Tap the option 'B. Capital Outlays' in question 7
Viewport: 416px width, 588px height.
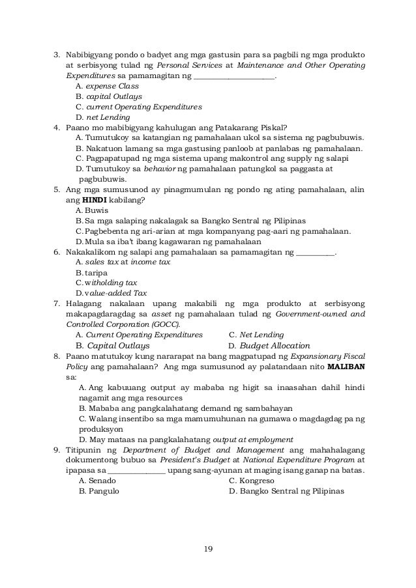(x=113, y=346)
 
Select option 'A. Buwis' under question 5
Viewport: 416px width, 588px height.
(x=92, y=210)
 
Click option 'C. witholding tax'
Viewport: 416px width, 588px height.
(x=106, y=283)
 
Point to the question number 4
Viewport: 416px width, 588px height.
(x=56, y=127)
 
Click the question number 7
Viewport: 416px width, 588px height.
(x=56, y=303)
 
